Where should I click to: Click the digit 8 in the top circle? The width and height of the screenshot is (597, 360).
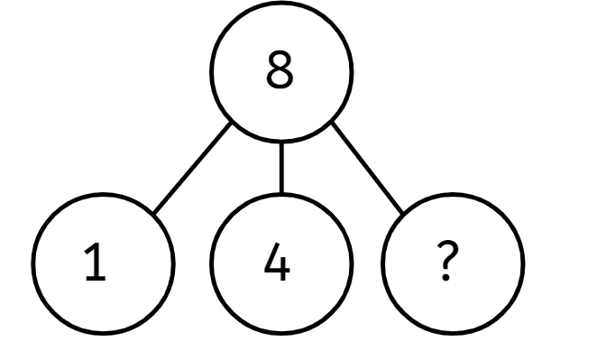280,72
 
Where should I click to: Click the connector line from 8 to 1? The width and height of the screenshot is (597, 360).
192,170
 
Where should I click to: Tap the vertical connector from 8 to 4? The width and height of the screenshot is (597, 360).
281,168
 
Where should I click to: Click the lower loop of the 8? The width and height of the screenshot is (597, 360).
280,80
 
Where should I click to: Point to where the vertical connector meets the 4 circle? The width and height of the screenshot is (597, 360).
281,192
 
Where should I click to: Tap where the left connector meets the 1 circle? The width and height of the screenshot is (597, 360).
152,214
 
